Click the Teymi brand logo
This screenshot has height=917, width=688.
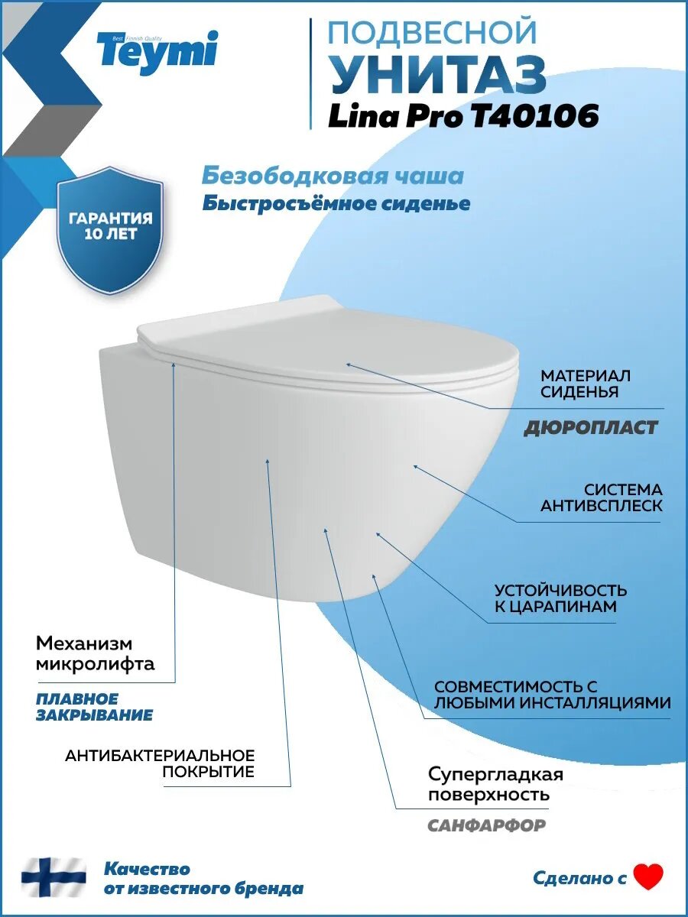156,50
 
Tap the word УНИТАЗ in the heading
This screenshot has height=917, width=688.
436,74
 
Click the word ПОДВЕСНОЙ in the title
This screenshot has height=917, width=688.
432,33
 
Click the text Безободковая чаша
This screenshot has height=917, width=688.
333,176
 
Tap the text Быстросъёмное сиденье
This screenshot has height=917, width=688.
336,204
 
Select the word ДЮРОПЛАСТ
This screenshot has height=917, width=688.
590,428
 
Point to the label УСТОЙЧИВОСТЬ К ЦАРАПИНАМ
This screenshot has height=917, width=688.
560,598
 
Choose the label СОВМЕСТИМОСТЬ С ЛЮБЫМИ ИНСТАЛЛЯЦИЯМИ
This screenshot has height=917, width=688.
552,695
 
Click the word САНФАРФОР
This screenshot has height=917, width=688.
486,825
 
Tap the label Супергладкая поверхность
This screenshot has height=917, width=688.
495,784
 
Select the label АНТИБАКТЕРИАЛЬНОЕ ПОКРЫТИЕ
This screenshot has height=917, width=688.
160,763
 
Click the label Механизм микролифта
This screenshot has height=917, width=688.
95,653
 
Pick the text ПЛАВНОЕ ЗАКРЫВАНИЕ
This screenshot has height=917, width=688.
94,707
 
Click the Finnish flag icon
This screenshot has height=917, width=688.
54,878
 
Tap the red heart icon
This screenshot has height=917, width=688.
649,876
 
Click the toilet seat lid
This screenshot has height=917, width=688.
329,336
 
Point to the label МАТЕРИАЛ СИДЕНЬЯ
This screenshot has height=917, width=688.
585,384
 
